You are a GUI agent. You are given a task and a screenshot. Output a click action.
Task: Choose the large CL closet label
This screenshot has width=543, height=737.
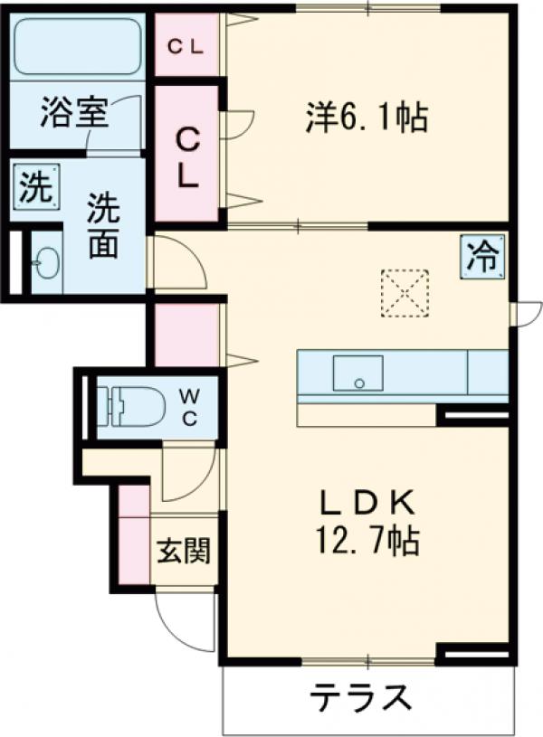pos(187,157)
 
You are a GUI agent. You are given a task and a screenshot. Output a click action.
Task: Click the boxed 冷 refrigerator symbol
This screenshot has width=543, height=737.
pos(481,257)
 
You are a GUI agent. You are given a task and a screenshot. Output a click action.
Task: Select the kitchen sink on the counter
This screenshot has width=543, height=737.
pos(357,373)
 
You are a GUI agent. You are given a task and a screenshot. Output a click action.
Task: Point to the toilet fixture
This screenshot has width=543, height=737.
pos(132,406)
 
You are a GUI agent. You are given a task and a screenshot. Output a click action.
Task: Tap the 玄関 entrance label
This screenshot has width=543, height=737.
pos(184,550)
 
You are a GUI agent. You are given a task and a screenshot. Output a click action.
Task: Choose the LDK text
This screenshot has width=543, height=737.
pos(367,503)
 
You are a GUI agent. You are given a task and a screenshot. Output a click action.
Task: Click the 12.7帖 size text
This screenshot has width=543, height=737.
pos(367,541)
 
